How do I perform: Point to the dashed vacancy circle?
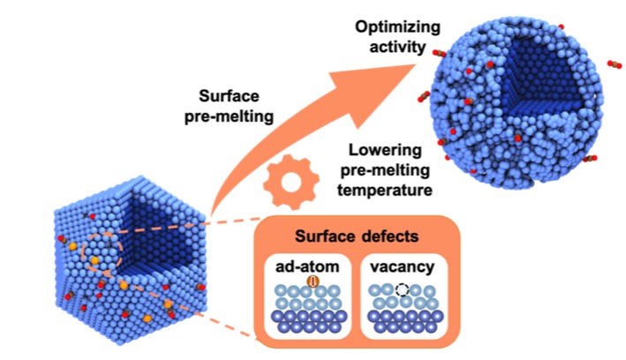[x=403, y=289]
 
